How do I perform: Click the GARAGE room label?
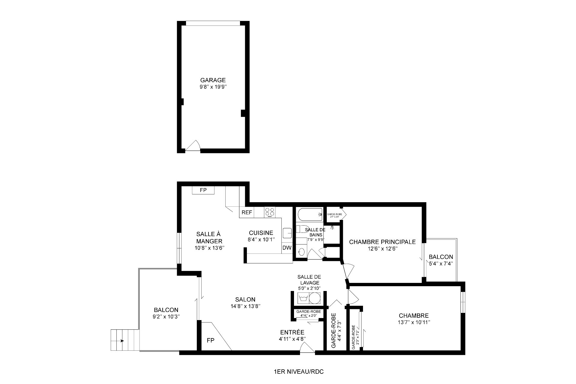point(213,80)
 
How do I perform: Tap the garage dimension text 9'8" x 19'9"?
point(213,87)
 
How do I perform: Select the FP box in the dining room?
point(203,190)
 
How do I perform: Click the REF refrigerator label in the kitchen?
point(247,212)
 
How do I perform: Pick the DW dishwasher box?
point(287,248)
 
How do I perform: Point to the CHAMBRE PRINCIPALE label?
point(382,242)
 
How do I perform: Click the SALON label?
point(245,299)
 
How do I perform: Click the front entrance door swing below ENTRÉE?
point(307,349)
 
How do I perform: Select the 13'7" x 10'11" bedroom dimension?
point(414,322)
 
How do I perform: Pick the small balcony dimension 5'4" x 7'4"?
point(440,263)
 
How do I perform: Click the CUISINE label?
point(261,233)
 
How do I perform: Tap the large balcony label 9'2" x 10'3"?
point(166,316)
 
